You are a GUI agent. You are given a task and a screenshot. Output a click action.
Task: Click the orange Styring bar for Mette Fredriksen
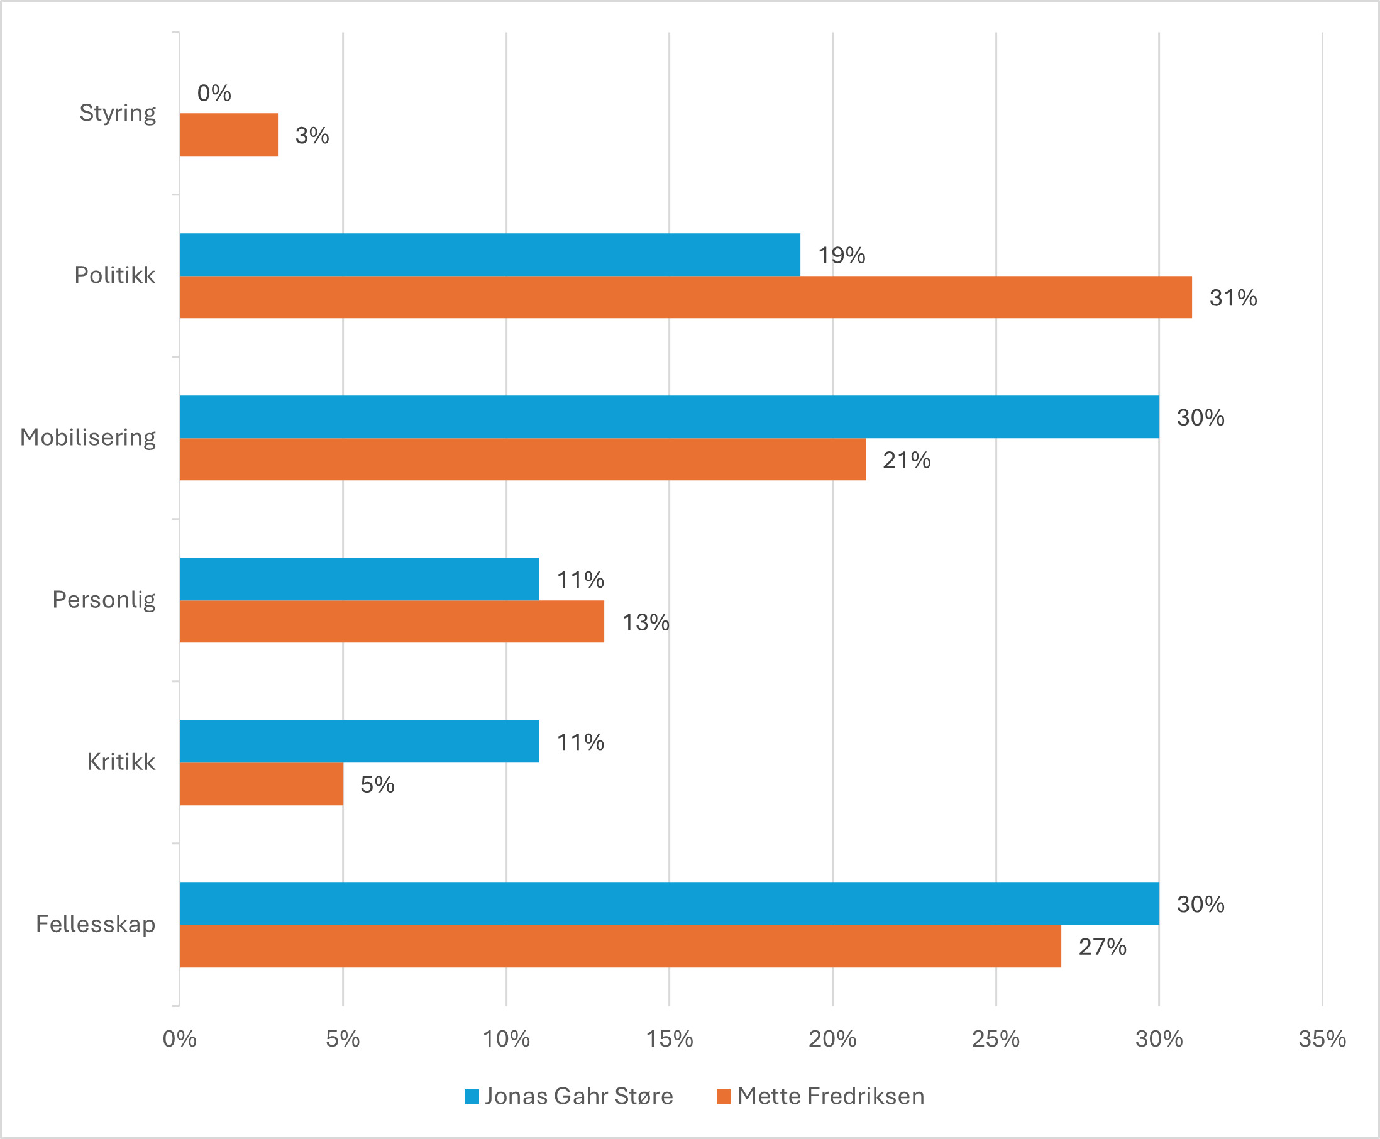[x=228, y=135]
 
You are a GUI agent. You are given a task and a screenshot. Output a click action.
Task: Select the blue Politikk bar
[x=490, y=255]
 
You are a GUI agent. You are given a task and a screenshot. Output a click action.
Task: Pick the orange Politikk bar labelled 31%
[x=686, y=297]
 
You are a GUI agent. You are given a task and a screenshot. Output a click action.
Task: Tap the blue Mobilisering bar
[x=670, y=417]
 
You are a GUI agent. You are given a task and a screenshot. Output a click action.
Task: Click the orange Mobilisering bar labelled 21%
[x=522, y=459]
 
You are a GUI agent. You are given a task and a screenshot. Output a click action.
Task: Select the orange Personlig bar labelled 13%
[x=392, y=621]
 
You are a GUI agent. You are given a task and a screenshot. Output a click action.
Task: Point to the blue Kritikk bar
[x=359, y=740]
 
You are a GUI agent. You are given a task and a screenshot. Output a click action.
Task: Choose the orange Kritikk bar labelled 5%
[x=261, y=784]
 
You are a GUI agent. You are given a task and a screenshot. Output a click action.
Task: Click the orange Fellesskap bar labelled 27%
[x=620, y=946]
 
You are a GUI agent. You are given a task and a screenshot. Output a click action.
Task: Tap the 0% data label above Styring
[x=214, y=93]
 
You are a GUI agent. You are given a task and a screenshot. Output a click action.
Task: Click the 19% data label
[x=841, y=255]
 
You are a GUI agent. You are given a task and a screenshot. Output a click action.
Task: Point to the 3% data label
[x=312, y=136]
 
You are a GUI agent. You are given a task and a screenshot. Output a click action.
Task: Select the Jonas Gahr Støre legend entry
[x=568, y=1096]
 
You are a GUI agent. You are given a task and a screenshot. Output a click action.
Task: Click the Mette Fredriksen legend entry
[x=820, y=1096]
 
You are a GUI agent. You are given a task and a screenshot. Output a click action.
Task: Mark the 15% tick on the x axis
[x=670, y=1038]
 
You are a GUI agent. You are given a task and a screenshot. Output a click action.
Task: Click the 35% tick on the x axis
[x=1322, y=1038]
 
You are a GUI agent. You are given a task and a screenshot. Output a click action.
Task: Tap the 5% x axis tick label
[x=343, y=1038]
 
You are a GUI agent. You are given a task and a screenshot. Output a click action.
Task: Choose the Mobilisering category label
[x=88, y=437]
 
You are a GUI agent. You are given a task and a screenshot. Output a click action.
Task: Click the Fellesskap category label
[x=96, y=924]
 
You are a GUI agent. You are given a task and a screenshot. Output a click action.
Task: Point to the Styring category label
[x=118, y=113]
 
